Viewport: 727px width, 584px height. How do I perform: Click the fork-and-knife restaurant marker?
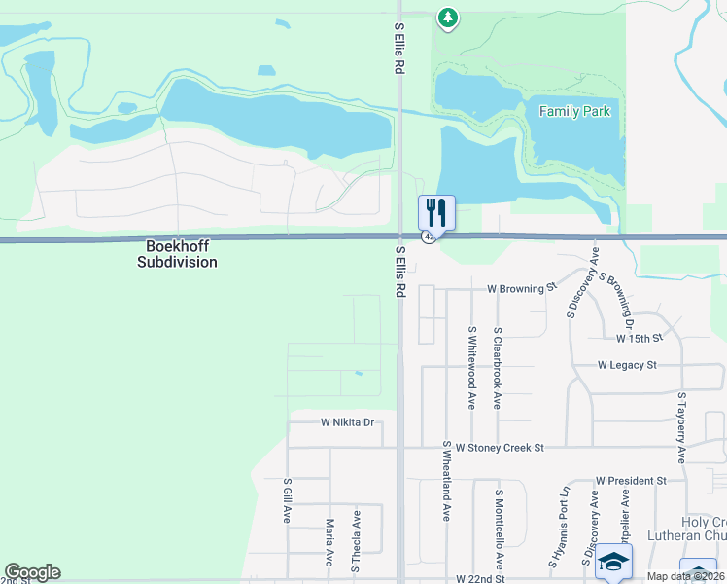(436, 211)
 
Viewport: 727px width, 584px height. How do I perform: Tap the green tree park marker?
(447, 17)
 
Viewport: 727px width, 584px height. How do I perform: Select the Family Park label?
(575, 112)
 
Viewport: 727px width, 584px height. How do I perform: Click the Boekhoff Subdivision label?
(177, 255)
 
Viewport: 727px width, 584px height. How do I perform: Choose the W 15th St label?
(639, 338)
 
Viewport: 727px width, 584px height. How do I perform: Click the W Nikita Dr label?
(348, 422)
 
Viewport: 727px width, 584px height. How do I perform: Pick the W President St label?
(631, 481)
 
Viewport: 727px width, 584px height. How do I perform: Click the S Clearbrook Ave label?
(497, 367)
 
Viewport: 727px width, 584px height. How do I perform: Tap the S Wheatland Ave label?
(447, 481)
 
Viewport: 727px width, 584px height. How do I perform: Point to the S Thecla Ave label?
(356, 539)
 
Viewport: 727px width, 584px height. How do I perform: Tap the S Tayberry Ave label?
(682, 428)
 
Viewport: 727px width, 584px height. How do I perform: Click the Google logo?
(32, 572)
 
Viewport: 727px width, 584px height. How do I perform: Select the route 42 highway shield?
(428, 237)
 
